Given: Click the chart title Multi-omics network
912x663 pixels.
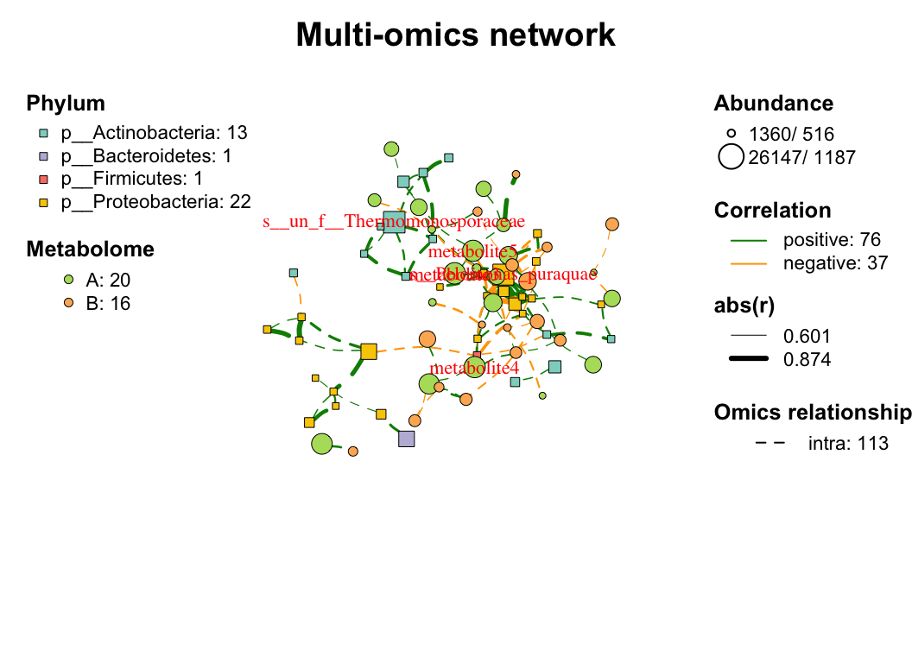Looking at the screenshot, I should tap(455, 35).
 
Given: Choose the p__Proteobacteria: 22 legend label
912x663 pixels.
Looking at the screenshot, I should tap(155, 202).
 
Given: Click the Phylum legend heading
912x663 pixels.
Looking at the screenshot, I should tap(66, 104).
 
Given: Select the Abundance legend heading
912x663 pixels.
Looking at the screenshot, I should tap(774, 104).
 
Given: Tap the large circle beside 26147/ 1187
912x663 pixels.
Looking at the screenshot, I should tap(731, 157).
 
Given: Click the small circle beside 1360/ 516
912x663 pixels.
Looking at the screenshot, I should tap(731, 134).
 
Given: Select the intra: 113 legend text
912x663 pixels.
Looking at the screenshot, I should tap(848, 444).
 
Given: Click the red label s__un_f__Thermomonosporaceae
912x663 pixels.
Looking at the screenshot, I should tap(394, 222).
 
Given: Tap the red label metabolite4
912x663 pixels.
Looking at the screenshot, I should tap(474, 368).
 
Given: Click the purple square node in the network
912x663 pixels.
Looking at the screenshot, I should tap(407, 439).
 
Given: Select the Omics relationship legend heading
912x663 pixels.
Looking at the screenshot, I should tap(812, 414).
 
